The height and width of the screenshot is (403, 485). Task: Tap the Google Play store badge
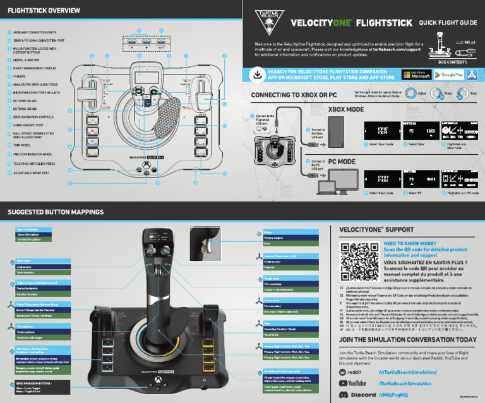point(448,75)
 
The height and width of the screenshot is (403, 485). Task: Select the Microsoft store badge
point(416,75)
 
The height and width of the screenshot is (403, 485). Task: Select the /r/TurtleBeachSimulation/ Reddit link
point(407,372)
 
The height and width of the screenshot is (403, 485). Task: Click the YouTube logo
point(353,383)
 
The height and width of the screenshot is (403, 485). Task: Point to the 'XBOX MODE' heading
point(346,109)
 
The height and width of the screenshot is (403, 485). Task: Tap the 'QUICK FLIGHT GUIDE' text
point(448,23)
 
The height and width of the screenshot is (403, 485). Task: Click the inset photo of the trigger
point(210,241)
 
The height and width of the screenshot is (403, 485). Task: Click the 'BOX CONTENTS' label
point(452,63)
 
